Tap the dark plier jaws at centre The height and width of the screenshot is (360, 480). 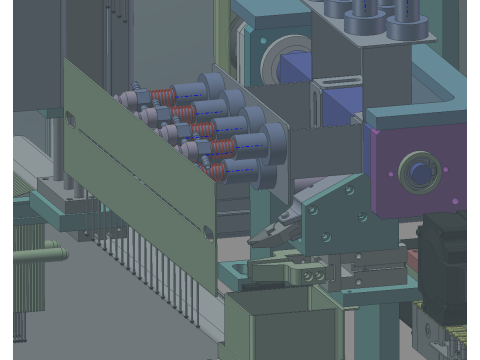[268, 236]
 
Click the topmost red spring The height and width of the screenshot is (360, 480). [163, 95]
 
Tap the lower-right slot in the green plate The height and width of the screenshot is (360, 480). [208, 232]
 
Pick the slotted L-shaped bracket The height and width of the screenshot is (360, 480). [325, 106]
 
